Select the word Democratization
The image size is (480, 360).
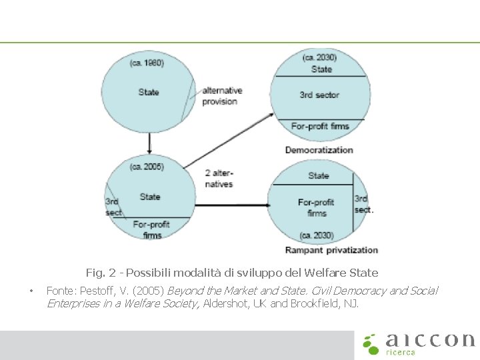tap(319, 149)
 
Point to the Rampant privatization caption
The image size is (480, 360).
tap(331, 250)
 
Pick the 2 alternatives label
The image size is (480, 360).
tap(219, 178)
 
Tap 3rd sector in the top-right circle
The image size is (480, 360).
tap(319, 95)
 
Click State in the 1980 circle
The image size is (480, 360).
tap(149, 92)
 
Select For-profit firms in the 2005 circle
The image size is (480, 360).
tap(152, 229)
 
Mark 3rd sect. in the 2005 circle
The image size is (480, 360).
tap(113, 207)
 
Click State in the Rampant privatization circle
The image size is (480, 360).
tap(319, 176)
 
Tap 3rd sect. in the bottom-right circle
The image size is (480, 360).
tap(363, 204)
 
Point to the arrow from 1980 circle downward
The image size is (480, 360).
tap(149, 141)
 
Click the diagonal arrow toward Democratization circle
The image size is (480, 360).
tap(228, 140)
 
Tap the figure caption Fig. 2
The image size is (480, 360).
tap(231, 273)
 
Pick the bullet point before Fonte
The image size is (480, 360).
tap(31, 291)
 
